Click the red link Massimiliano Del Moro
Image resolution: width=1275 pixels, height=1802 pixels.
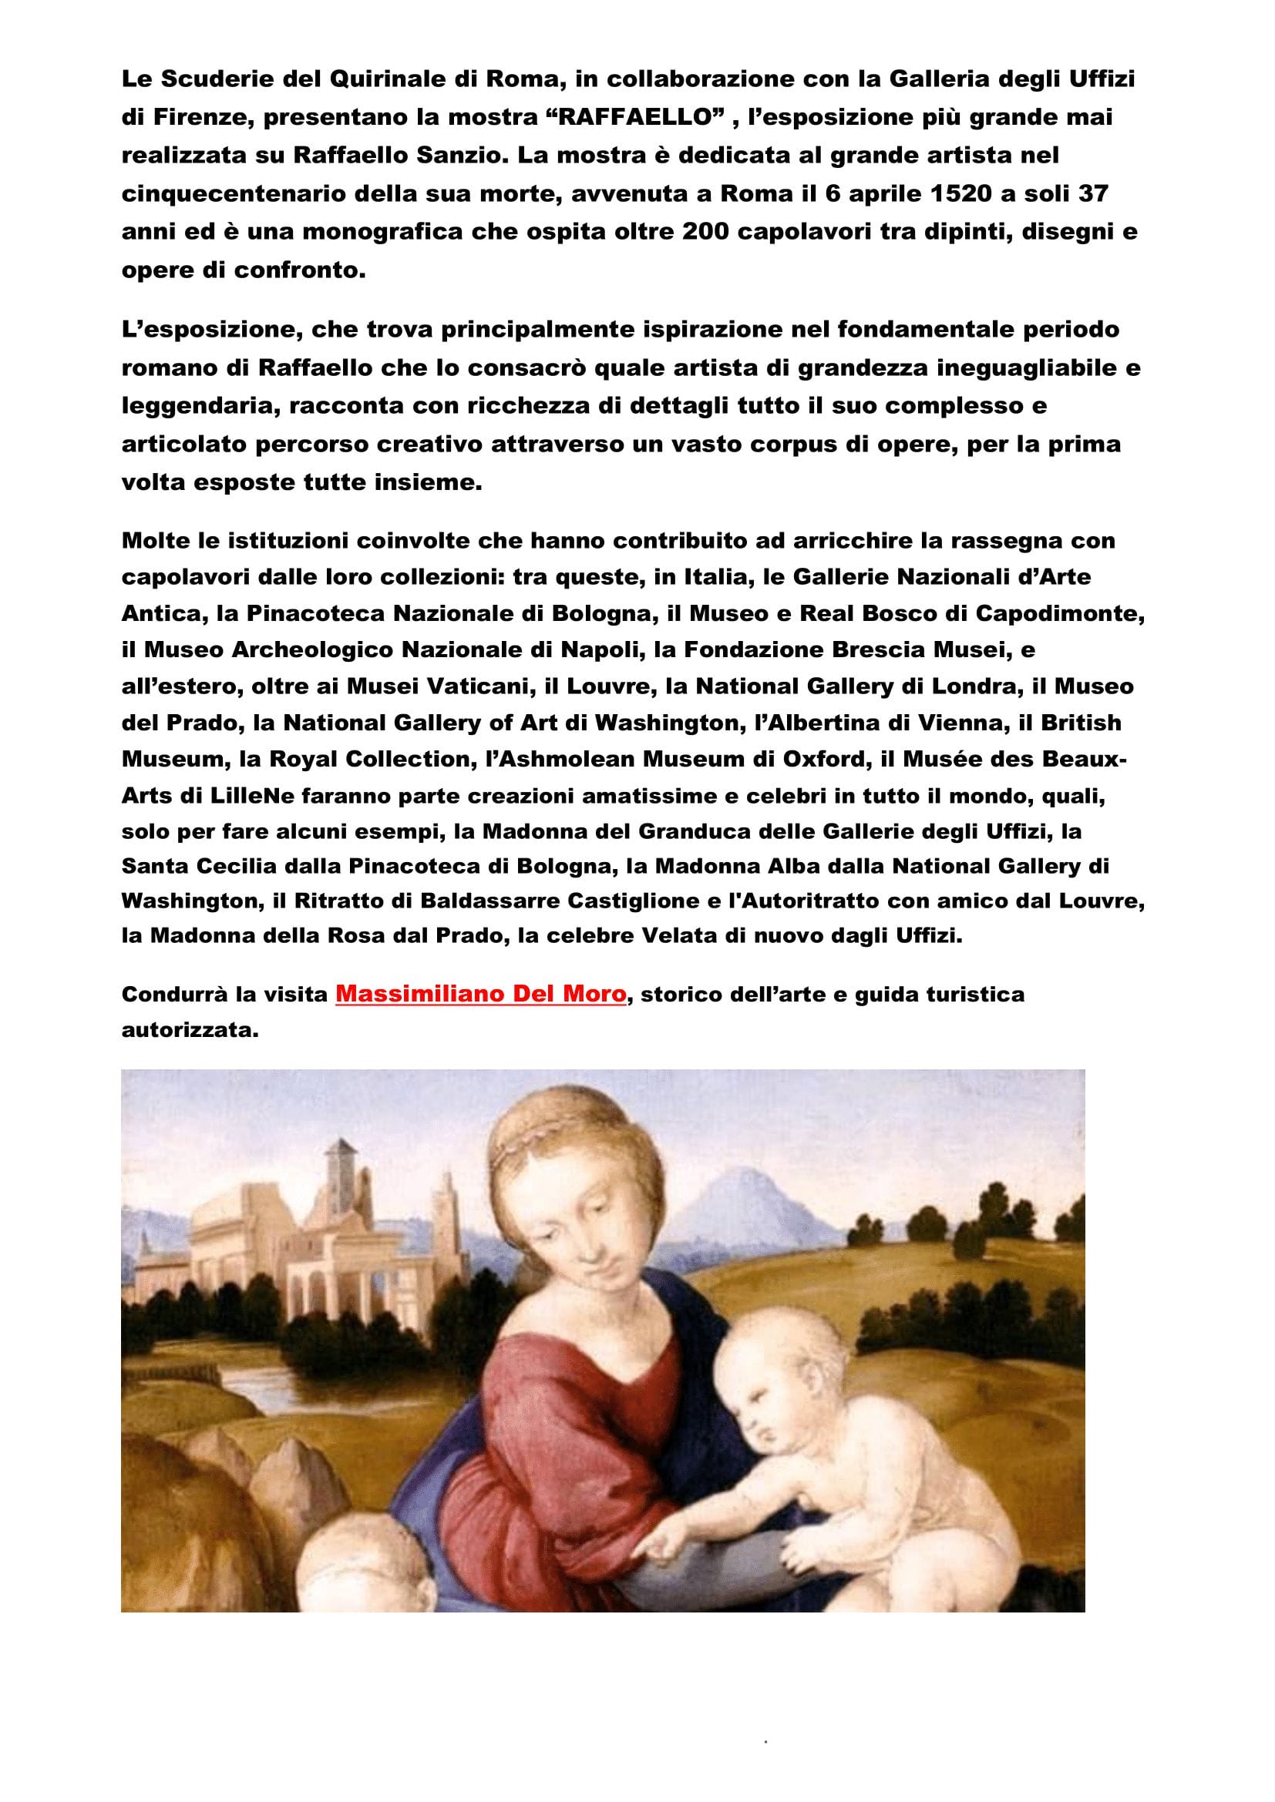(x=480, y=995)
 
